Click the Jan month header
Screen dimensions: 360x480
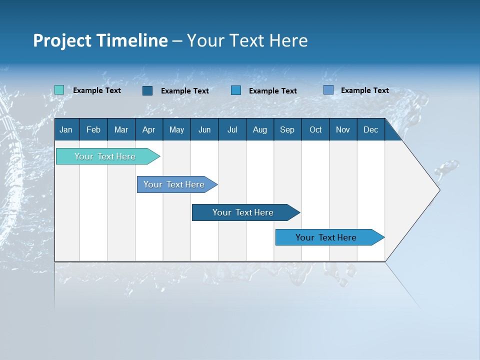pyautogui.click(x=66, y=129)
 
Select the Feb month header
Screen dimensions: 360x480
pyautogui.click(x=93, y=129)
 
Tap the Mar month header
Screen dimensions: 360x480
pyautogui.click(x=121, y=129)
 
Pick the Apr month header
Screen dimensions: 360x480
pyautogui.click(x=149, y=129)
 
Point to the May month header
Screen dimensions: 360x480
pyautogui.click(x=176, y=129)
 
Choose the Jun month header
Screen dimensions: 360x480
pyautogui.click(x=204, y=129)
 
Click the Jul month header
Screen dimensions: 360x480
pyautogui.click(x=232, y=129)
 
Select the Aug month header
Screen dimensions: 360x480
pyautogui.click(x=260, y=129)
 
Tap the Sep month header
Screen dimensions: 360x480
pyautogui.click(x=287, y=129)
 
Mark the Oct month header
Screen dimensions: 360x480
pyautogui.click(x=315, y=129)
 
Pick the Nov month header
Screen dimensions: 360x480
pyautogui.click(x=343, y=129)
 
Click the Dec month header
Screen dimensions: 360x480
pyautogui.click(x=371, y=129)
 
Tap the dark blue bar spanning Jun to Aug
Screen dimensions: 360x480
pyautogui.click(x=243, y=212)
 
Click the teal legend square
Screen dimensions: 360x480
pyautogui.click(x=59, y=90)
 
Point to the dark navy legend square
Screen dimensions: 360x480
pyautogui.click(x=147, y=90)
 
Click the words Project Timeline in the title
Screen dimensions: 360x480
pyautogui.click(x=100, y=40)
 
